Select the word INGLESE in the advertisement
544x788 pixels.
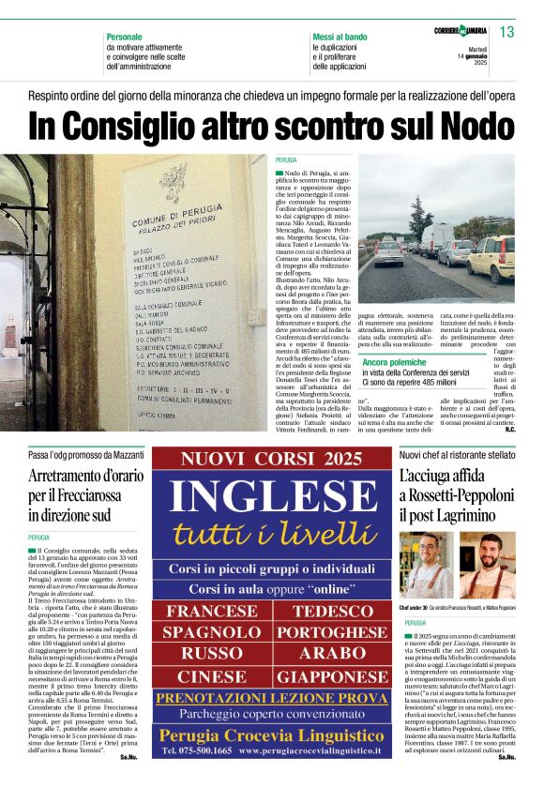pyautogui.click(x=269, y=499)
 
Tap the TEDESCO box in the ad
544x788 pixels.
pyautogui.click(x=333, y=612)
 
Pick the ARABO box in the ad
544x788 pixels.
pyautogui.click(x=333, y=654)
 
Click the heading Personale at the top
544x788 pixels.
pyautogui.click(x=125, y=37)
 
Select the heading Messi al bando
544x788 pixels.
pyautogui.click(x=340, y=37)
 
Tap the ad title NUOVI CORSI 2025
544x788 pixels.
pyautogui.click(x=271, y=459)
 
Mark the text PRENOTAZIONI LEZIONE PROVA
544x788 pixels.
pyautogui.click(x=271, y=699)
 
